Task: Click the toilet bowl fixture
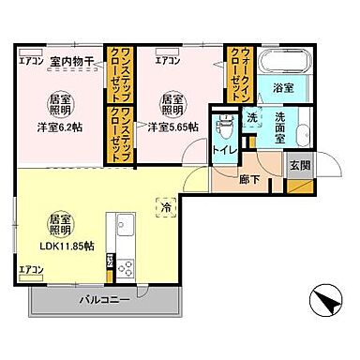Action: (223, 127)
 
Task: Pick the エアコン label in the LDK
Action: (31, 271)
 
